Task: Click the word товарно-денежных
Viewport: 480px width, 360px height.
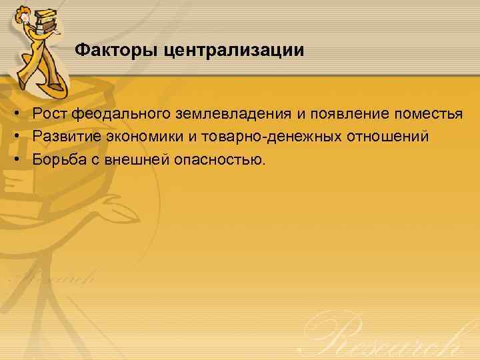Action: pyautogui.click(x=271, y=137)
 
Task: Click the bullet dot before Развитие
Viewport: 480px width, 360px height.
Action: pyautogui.click(x=15, y=137)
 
